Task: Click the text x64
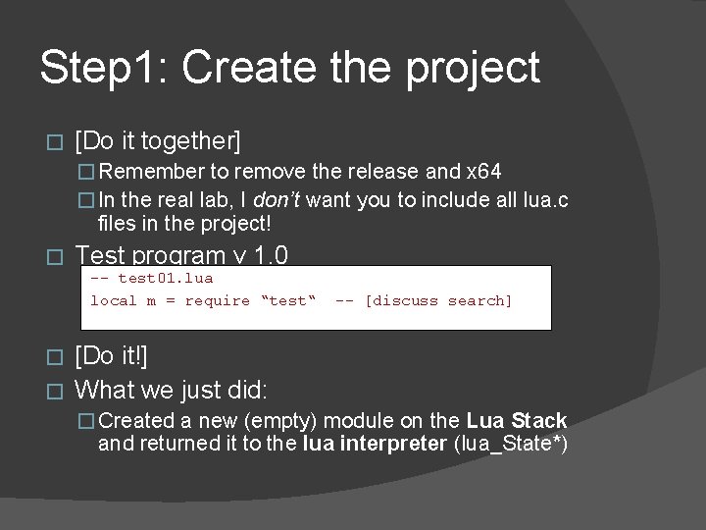tap(484, 172)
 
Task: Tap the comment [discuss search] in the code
tap(437, 300)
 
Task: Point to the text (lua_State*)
tap(509, 444)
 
